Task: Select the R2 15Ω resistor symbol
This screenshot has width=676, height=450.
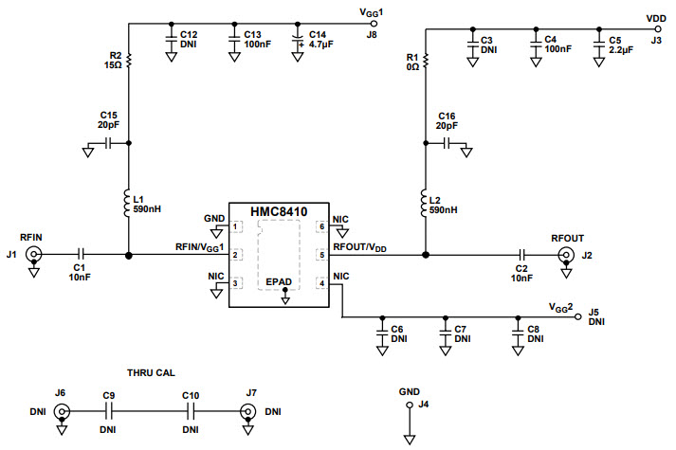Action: (x=129, y=62)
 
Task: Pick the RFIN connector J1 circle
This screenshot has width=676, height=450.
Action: (x=34, y=254)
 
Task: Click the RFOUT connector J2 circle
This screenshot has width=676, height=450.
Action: (x=567, y=254)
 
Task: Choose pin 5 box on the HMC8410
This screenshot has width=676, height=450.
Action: (x=320, y=254)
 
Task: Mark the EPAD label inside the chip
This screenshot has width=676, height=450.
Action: (x=278, y=281)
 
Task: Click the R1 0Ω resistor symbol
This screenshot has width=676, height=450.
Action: (x=426, y=62)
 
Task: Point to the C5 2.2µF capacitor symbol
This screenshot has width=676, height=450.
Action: (x=598, y=45)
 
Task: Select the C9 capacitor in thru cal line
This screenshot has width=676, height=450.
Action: (x=109, y=411)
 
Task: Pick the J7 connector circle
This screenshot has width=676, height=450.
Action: (x=247, y=411)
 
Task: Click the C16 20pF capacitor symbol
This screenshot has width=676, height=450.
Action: (x=447, y=144)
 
